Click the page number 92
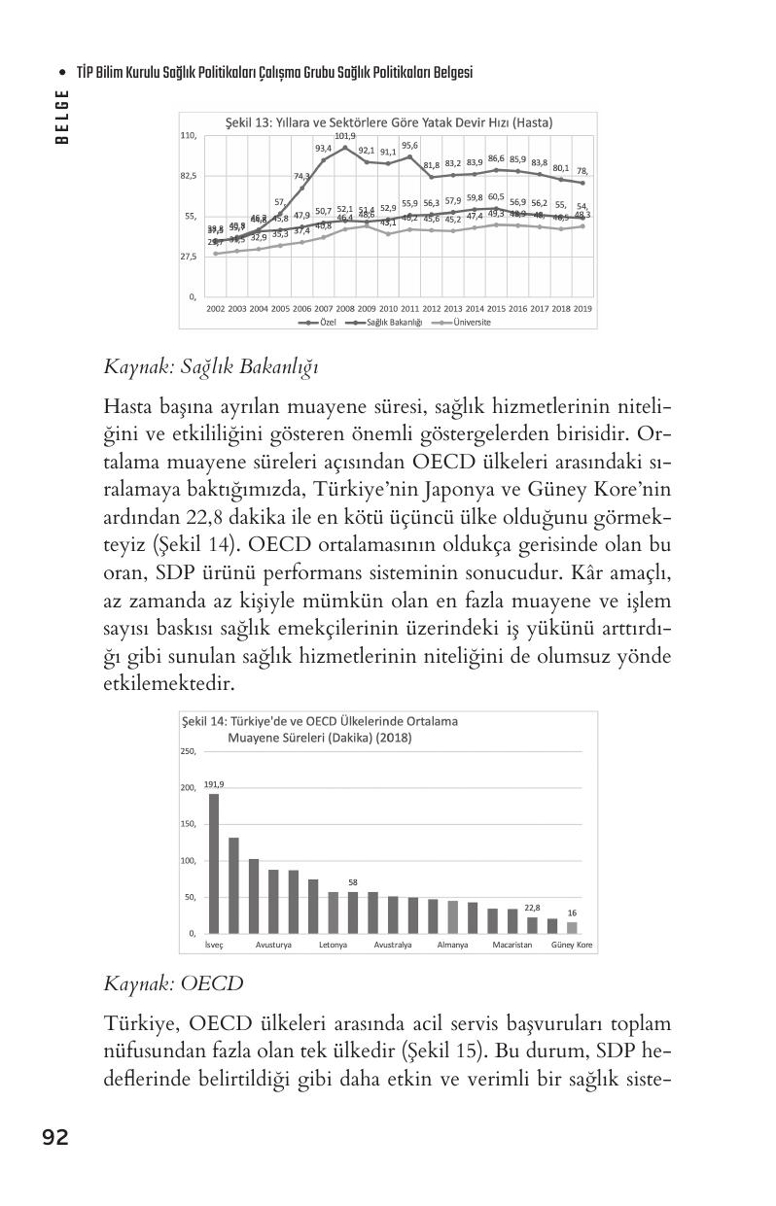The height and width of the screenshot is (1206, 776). pos(54,1137)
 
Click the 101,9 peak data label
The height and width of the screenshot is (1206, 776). pos(345,137)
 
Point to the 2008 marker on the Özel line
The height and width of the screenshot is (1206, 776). pos(345,148)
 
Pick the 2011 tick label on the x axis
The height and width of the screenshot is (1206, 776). pos(409,308)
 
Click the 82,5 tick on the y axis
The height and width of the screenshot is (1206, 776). pos(188,176)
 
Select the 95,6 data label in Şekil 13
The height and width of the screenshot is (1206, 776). pos(409,145)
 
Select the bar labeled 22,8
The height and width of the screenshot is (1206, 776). pos(532,924)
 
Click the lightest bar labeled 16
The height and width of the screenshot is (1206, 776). pos(572,927)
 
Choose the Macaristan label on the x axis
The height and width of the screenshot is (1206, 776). pos(511,945)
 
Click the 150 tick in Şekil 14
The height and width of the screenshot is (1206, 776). pos(188,824)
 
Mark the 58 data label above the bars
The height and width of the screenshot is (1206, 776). pos(353,882)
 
